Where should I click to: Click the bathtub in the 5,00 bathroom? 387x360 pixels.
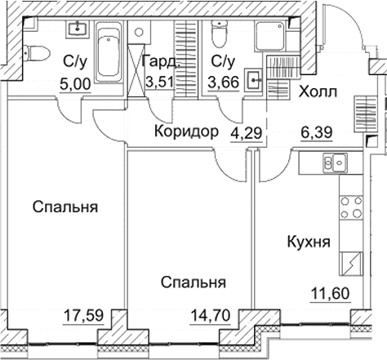(108, 53)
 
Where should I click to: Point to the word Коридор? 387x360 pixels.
(187, 131)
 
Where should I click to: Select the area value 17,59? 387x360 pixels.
(84, 311)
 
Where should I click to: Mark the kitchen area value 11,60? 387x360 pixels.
(330, 295)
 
